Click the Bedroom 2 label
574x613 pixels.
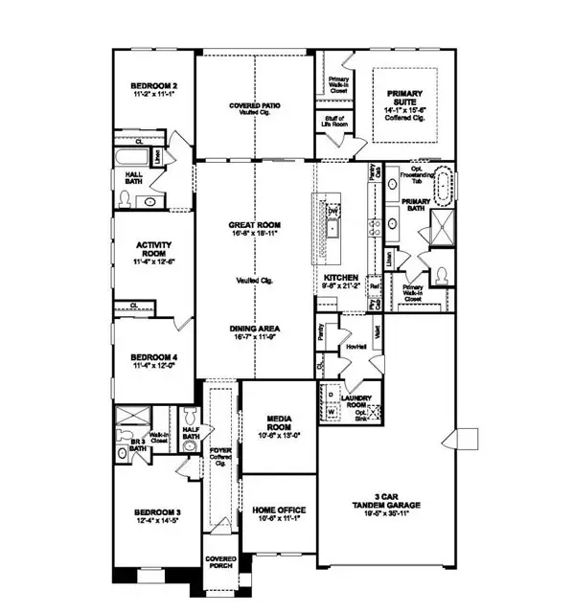pos(153,86)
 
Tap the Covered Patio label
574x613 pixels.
pos(254,103)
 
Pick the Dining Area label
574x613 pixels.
pos(254,328)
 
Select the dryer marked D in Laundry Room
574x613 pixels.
pos(331,395)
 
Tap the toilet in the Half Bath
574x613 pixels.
pos(190,414)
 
